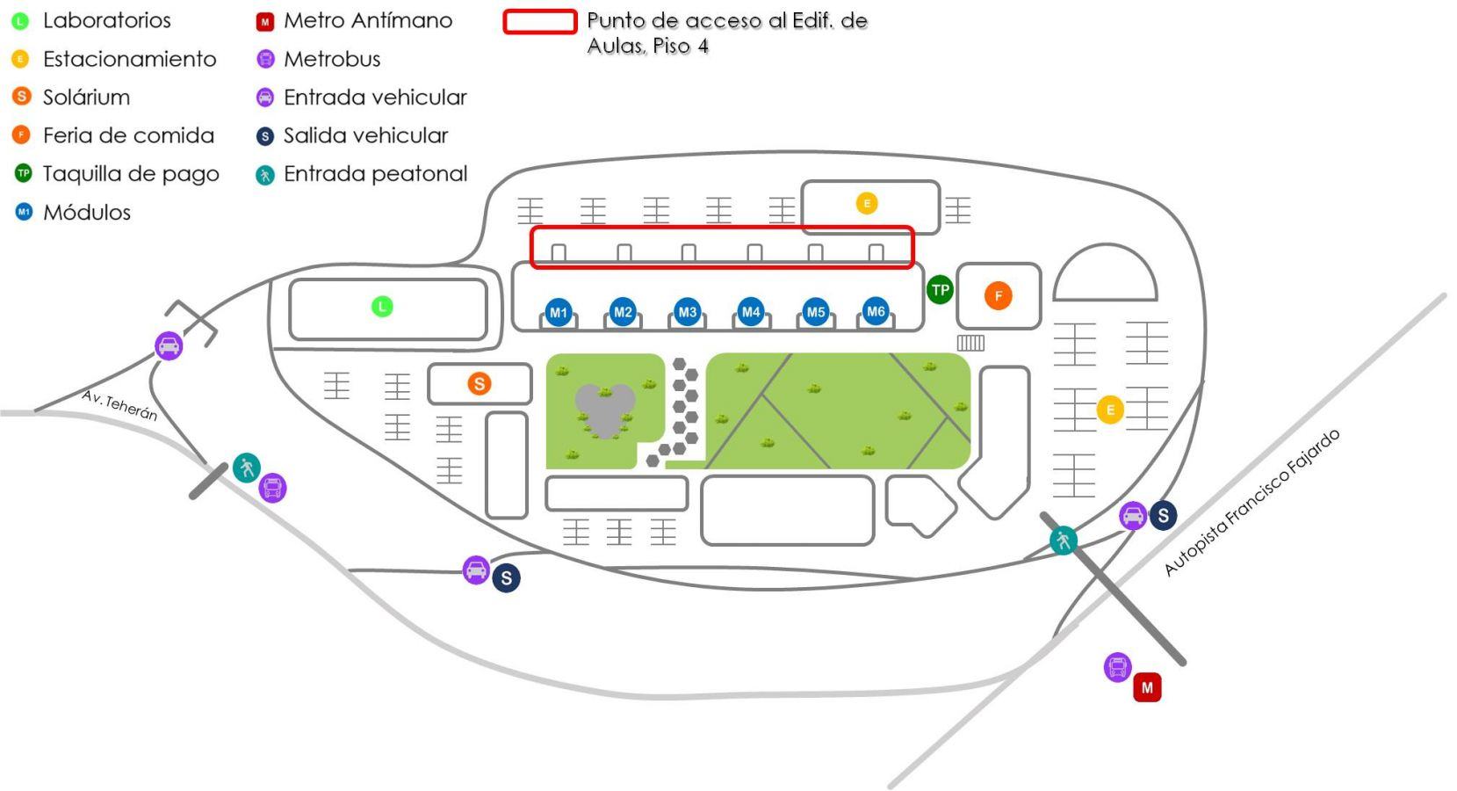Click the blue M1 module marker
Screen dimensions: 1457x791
pyautogui.click(x=558, y=313)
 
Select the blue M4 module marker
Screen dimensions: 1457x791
pyautogui.click(x=751, y=312)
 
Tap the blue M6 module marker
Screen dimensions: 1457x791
pyautogui.click(x=876, y=311)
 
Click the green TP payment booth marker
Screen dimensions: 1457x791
pyautogui.click(x=940, y=290)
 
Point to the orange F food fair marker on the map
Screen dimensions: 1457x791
pyautogui.click(x=999, y=295)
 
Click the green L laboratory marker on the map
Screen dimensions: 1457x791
pyautogui.click(x=382, y=306)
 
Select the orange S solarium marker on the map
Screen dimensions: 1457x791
pyautogui.click(x=480, y=383)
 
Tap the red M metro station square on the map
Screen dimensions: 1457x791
pyautogui.click(x=1147, y=687)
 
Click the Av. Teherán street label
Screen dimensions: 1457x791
pyautogui.click(x=119, y=405)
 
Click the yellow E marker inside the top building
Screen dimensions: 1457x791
pyautogui.click(x=867, y=203)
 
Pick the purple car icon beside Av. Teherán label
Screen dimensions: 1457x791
pyautogui.click(x=169, y=345)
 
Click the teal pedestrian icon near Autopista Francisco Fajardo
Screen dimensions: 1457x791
pyautogui.click(x=1064, y=541)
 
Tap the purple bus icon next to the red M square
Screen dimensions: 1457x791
pyautogui.click(x=1117, y=667)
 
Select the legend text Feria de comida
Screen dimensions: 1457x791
pyautogui.click(x=128, y=135)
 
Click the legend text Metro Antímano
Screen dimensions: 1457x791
pyautogui.click(x=368, y=21)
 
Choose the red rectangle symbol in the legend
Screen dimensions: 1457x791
pyautogui.click(x=540, y=21)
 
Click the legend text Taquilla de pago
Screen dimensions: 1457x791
pyautogui.click(x=131, y=174)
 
